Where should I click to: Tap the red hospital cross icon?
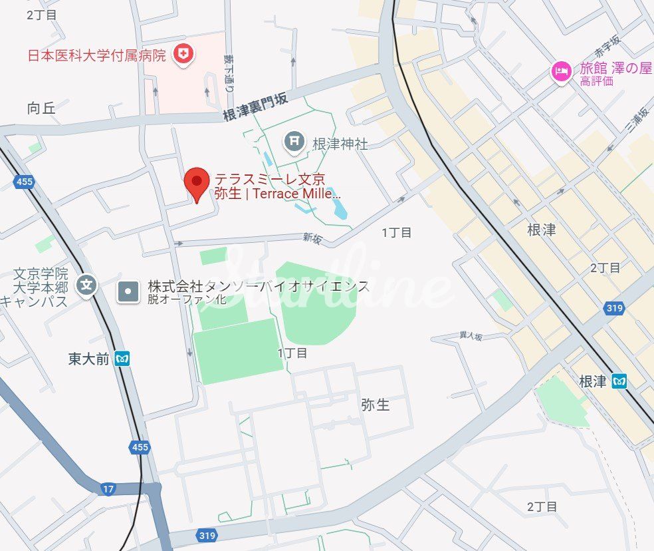(x=183, y=54)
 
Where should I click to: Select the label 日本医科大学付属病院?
(x=96, y=55)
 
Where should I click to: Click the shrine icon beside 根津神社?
(x=293, y=141)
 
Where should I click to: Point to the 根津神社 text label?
(x=340, y=143)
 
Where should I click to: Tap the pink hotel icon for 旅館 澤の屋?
(x=562, y=71)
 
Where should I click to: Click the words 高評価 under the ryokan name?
(x=596, y=82)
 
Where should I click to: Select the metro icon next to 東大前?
(x=122, y=359)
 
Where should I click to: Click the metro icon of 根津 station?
(x=619, y=381)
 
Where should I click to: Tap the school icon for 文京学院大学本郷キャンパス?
(x=86, y=286)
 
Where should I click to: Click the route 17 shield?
(x=108, y=489)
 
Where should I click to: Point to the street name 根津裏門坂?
(x=255, y=107)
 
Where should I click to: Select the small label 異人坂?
(x=471, y=337)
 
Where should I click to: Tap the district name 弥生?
(x=375, y=405)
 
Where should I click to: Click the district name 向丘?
(x=41, y=108)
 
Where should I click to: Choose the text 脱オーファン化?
(x=187, y=299)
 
